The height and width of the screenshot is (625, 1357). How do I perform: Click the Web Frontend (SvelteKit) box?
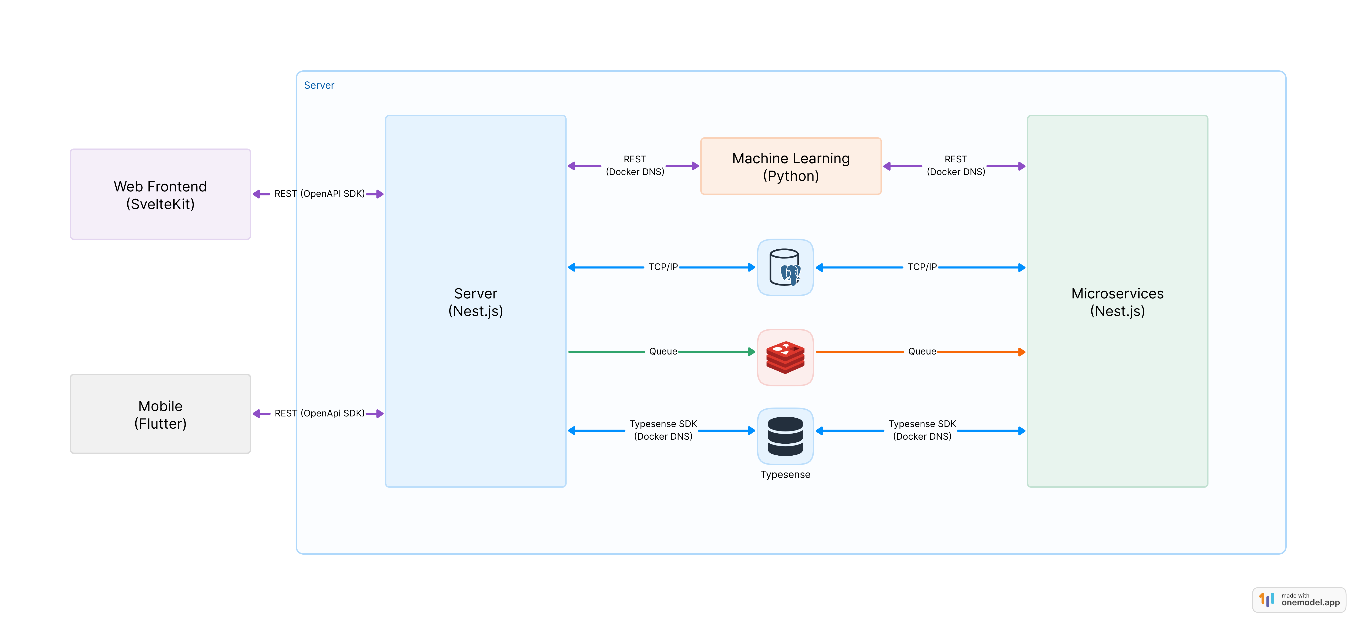pyautogui.click(x=160, y=194)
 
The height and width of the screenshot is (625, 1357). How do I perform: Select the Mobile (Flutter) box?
pyautogui.click(x=160, y=414)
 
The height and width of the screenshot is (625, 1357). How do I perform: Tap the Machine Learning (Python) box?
pyautogui.click(x=791, y=167)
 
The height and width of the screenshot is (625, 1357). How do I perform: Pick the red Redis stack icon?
pyautogui.click(x=785, y=357)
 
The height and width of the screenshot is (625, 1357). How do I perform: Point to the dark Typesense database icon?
pyautogui.click(x=785, y=436)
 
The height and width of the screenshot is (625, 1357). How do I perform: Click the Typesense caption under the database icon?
pyautogui.click(x=785, y=475)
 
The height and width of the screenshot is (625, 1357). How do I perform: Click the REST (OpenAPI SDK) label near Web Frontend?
pyautogui.click(x=319, y=194)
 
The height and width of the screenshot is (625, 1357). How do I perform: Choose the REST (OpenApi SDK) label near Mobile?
pyautogui.click(x=319, y=414)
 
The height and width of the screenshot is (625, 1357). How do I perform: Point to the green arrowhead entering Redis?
pyautogui.click(x=752, y=351)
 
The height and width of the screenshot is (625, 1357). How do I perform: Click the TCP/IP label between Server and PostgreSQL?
pyautogui.click(x=663, y=267)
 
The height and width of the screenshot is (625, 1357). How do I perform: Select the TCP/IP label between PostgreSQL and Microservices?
pyautogui.click(x=922, y=267)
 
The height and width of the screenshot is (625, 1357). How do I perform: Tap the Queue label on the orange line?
pyautogui.click(x=922, y=351)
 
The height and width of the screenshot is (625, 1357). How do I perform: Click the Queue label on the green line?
pyautogui.click(x=663, y=351)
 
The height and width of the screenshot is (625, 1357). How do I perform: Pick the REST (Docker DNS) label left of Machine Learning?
pyautogui.click(x=635, y=165)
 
